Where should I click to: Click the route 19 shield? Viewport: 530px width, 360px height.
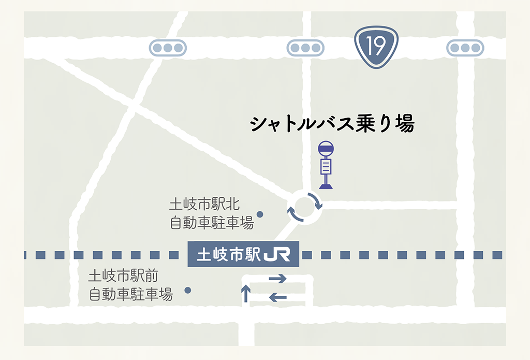coord(376,48)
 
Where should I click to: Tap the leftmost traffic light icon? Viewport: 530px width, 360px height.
coord(168,48)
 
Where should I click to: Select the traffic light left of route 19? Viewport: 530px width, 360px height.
coord(305,48)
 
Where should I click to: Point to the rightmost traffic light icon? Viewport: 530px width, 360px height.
coord(465,48)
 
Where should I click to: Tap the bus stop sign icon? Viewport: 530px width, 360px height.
coord(326,165)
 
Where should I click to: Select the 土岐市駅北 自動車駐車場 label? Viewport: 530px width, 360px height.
coord(212,213)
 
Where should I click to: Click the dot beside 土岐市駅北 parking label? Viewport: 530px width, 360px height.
coord(260,214)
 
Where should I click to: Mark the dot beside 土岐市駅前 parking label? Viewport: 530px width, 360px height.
coord(188,290)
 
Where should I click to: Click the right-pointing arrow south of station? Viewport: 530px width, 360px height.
coord(277,279)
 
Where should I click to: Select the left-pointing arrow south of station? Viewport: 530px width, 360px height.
coord(277,297)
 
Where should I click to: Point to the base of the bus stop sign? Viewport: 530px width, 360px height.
coord(326,185)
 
